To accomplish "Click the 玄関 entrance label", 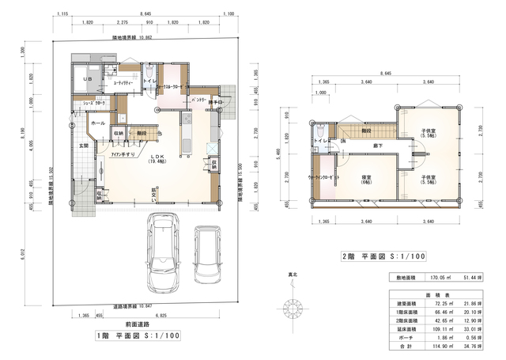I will [83, 147].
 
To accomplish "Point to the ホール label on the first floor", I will [98, 124].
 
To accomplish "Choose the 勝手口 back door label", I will [217, 103].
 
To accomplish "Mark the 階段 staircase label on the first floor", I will [142, 134].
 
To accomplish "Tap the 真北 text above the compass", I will [293, 275].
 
